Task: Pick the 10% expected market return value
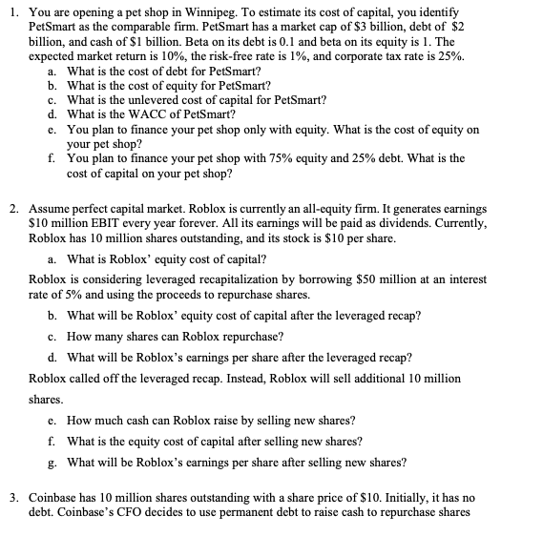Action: (159, 57)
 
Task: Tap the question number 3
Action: (10, 497)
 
